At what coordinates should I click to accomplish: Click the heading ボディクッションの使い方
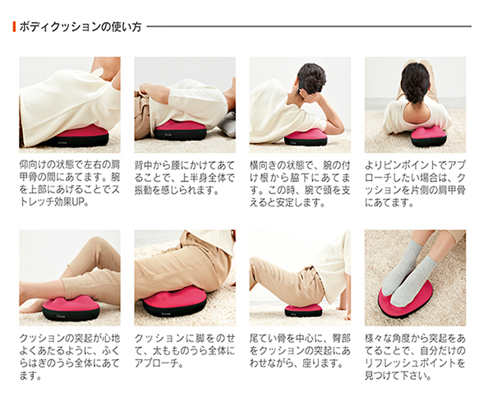tap(81, 27)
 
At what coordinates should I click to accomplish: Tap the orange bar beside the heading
tap(14, 27)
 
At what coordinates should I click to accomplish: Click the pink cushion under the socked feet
tap(406, 298)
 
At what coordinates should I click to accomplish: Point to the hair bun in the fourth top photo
tap(415, 82)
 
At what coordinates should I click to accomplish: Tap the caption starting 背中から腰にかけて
tap(185, 178)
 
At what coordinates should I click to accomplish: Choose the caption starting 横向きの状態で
tap(300, 184)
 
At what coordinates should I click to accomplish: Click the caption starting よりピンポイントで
tap(415, 184)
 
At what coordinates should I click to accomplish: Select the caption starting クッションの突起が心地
tap(70, 357)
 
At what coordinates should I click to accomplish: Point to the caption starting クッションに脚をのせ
tap(185, 351)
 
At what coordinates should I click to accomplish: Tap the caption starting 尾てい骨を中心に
tap(300, 351)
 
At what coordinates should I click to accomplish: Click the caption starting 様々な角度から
tap(415, 357)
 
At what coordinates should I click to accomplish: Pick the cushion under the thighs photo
tap(174, 303)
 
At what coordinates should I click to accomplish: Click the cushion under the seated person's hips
tap(303, 310)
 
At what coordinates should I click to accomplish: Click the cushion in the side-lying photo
tap(306, 137)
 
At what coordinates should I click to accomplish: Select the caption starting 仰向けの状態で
tap(70, 184)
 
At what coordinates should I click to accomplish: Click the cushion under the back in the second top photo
tap(180, 130)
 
